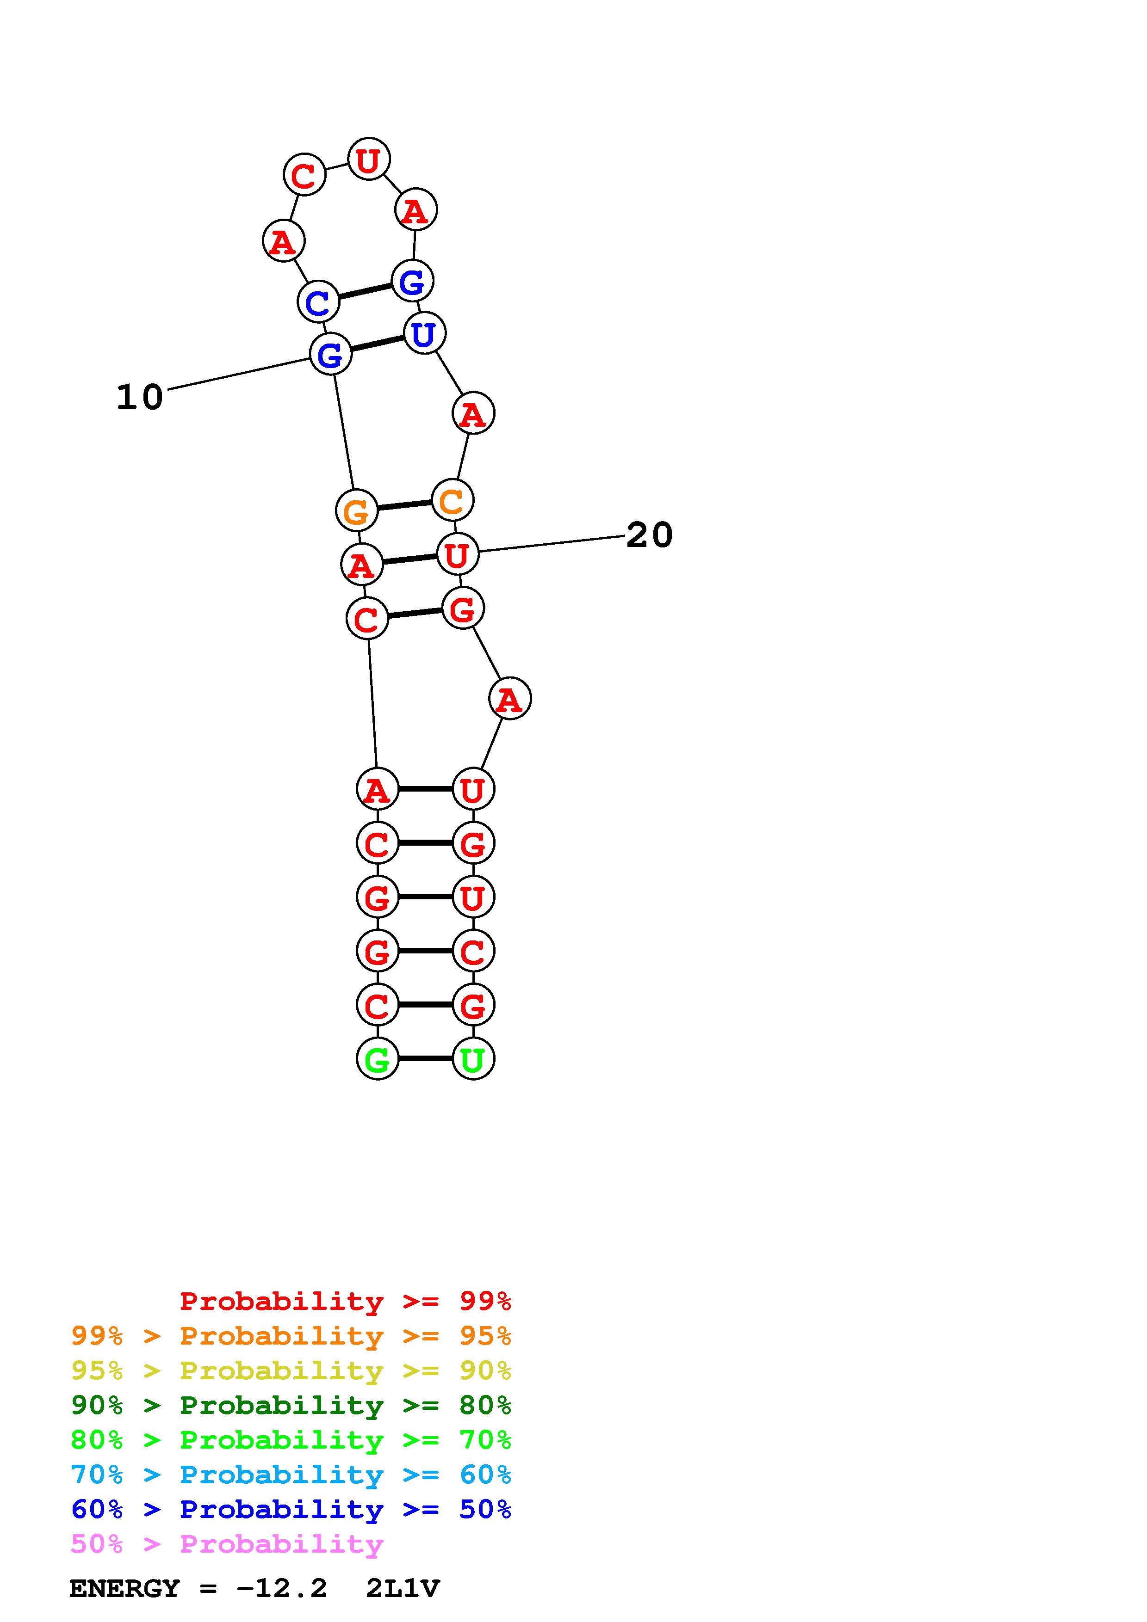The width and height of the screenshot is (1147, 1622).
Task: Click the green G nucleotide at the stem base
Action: point(378,1058)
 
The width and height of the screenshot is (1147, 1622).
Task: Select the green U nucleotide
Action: point(473,1058)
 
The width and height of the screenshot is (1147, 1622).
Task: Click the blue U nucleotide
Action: point(424,333)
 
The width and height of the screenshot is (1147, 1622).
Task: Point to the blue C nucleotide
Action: point(318,301)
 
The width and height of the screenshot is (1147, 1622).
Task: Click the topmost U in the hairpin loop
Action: point(369,159)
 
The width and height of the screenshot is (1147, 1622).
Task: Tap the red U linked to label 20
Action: point(457,554)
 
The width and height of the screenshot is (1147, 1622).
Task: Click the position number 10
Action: point(140,397)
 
